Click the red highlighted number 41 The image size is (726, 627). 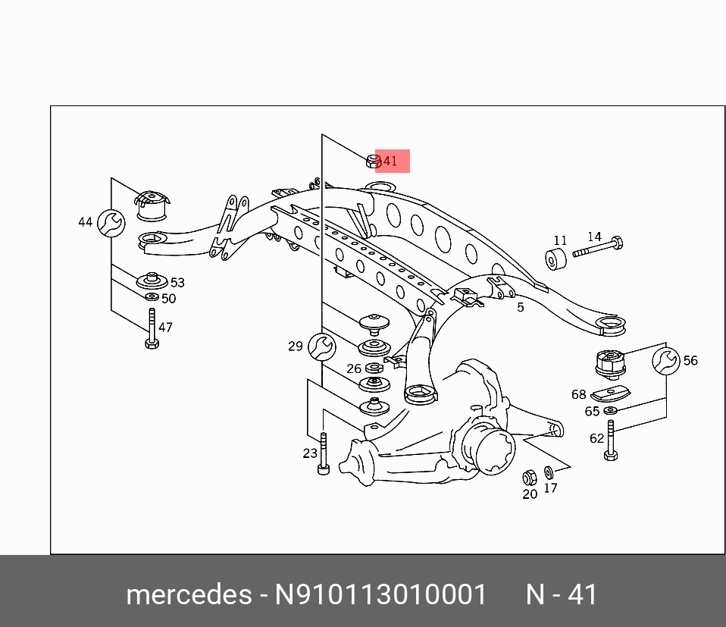click(x=390, y=161)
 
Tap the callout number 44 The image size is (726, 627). click(x=85, y=222)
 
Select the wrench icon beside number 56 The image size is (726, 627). click(x=666, y=362)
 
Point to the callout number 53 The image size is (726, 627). click(x=177, y=283)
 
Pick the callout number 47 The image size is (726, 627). click(x=165, y=328)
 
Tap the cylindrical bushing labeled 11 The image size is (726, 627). click(x=557, y=259)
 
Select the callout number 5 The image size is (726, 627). click(x=521, y=307)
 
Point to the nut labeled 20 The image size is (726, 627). click(x=530, y=478)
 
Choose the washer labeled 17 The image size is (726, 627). click(x=549, y=472)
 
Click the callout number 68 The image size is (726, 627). click(x=579, y=394)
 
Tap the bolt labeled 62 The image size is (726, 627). click(x=610, y=440)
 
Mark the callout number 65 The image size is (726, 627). click(x=592, y=412)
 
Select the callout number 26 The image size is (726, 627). click(x=354, y=368)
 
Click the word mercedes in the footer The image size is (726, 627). click(x=189, y=594)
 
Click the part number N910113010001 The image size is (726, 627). click(x=380, y=594)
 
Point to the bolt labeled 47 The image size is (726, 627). click(x=152, y=329)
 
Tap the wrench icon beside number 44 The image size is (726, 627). click(x=111, y=222)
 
